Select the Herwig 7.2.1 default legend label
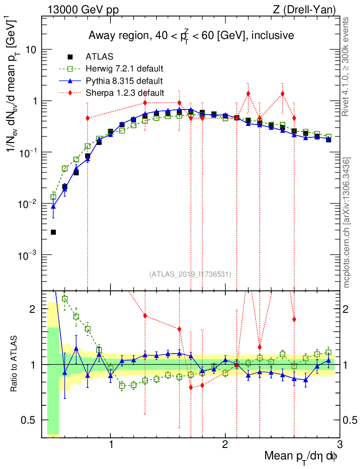(125, 69)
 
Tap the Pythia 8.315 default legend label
(124, 81)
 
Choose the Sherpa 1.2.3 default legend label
(125, 93)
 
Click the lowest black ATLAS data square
(53, 232)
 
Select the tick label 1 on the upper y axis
(35, 101)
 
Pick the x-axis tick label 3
(339, 445)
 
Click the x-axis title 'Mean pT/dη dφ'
(301, 457)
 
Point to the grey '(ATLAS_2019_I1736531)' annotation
(190, 274)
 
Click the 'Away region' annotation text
(191, 35)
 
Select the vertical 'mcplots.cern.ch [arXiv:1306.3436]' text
(347, 223)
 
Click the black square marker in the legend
(70, 57)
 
